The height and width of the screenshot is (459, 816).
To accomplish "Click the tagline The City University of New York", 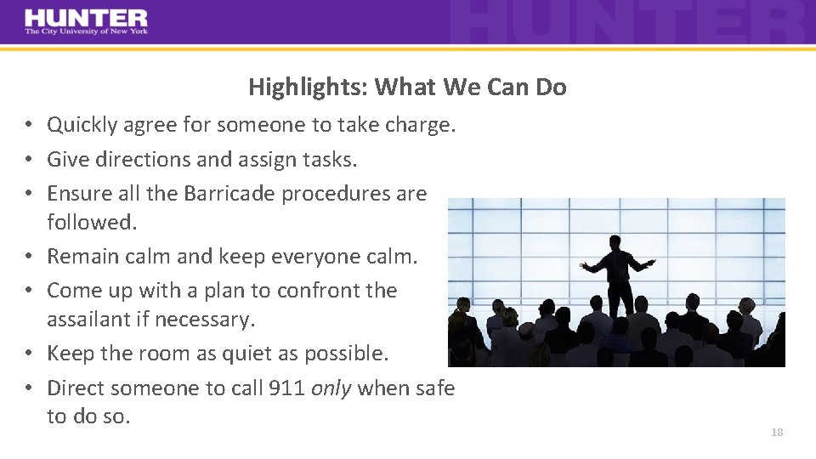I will click(x=86, y=31).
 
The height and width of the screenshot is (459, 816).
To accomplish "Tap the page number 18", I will click(x=776, y=433).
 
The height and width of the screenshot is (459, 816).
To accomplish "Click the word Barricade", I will click(x=228, y=194).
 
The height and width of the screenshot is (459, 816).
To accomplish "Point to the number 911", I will click(x=286, y=388).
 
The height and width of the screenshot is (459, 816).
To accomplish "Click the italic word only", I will click(x=331, y=388).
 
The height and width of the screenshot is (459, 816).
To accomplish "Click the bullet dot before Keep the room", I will click(x=29, y=354).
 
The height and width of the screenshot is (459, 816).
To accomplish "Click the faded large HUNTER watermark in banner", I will click(x=629, y=23).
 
